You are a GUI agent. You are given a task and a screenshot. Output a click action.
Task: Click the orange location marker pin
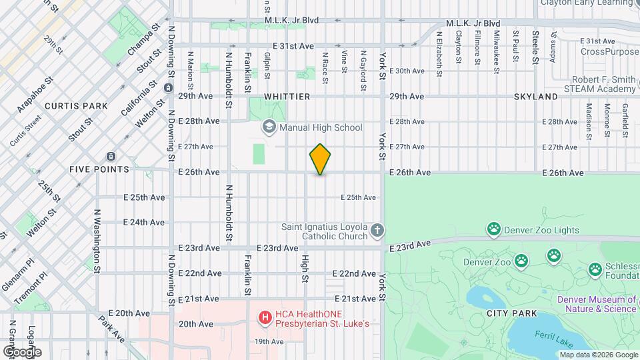coord(321,159)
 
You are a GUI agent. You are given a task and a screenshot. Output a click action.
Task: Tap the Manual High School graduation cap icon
coord(269,127)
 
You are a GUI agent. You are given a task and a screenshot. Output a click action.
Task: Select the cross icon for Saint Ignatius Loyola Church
coord(377,231)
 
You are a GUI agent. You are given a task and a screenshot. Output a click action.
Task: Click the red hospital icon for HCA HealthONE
coord(265,318)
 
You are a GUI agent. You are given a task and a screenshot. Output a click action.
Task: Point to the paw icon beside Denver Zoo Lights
coord(493,231)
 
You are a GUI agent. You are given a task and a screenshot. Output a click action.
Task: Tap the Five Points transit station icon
coord(110,157)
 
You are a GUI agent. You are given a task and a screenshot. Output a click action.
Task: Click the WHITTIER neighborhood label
coord(287,97)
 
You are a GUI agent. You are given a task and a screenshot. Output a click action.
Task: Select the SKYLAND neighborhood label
coord(535,97)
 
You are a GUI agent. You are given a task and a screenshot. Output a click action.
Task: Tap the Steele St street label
coord(535,47)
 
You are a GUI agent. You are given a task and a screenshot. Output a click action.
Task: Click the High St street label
coord(305,269)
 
